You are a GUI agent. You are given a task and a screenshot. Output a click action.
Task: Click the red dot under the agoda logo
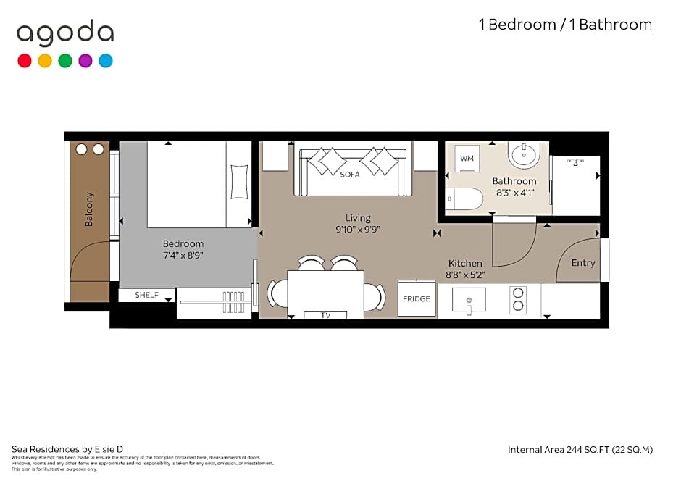point(25,61)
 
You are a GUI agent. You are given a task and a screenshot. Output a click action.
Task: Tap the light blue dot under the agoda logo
point(106,61)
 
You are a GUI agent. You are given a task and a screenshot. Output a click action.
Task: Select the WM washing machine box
point(467,158)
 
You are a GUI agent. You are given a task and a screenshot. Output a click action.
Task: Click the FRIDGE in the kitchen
point(417,298)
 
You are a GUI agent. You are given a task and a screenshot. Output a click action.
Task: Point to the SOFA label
point(350,175)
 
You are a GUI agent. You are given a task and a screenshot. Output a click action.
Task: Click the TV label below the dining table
point(325,315)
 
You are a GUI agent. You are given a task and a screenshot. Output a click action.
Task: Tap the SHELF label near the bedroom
point(147,296)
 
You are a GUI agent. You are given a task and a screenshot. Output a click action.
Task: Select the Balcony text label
point(90,209)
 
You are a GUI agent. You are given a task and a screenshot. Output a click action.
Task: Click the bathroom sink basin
point(522,154)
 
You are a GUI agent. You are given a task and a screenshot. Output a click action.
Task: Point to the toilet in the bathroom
point(464,199)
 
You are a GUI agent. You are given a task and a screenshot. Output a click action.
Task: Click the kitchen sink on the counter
point(469,299)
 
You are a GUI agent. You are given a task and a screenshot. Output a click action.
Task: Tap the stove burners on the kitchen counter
point(518,299)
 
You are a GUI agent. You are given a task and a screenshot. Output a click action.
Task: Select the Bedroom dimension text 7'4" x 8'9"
point(183,256)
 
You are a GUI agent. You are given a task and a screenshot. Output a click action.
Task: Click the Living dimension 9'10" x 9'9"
point(358,229)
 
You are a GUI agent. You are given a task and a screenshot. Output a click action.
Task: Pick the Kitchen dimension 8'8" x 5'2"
point(464,275)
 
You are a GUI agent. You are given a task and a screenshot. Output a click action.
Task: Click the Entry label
point(582,263)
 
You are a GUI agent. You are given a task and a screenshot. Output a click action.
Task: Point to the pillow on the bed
point(239,181)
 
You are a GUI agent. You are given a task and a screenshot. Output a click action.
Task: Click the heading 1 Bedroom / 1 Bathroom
point(565,25)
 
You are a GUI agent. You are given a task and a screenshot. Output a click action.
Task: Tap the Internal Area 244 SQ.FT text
point(580,450)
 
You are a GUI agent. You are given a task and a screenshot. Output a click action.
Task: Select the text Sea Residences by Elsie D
point(62,449)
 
